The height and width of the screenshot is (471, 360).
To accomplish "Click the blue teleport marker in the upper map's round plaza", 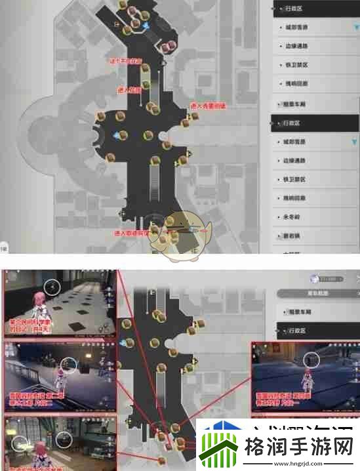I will tap(117, 135).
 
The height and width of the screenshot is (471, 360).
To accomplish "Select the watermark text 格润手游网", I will tap(298, 449).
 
